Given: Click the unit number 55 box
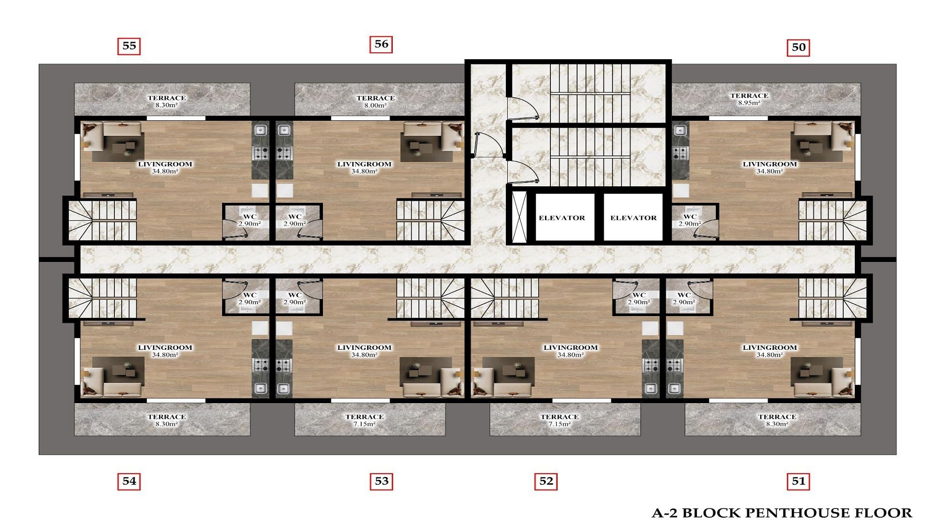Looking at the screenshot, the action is click(129, 46).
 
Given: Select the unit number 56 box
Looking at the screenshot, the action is click(381, 44).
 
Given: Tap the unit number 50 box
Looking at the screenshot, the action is click(798, 47).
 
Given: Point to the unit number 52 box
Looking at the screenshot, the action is click(546, 481).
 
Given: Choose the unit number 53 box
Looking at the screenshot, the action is click(382, 481).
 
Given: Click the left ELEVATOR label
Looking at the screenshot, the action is click(562, 218).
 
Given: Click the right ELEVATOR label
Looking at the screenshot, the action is click(633, 218).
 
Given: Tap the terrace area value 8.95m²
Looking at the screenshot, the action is click(749, 103).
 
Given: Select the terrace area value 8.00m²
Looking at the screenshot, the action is click(375, 105).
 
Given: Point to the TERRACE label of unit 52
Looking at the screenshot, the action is click(560, 417).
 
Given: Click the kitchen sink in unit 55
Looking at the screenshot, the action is click(260, 130).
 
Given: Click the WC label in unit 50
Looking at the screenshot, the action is click(690, 217).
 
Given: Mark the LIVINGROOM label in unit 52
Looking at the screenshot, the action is click(570, 347).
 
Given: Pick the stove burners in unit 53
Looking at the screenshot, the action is click(284, 365).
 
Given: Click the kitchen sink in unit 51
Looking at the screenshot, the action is click(674, 388).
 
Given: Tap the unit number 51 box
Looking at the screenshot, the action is click(798, 481).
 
